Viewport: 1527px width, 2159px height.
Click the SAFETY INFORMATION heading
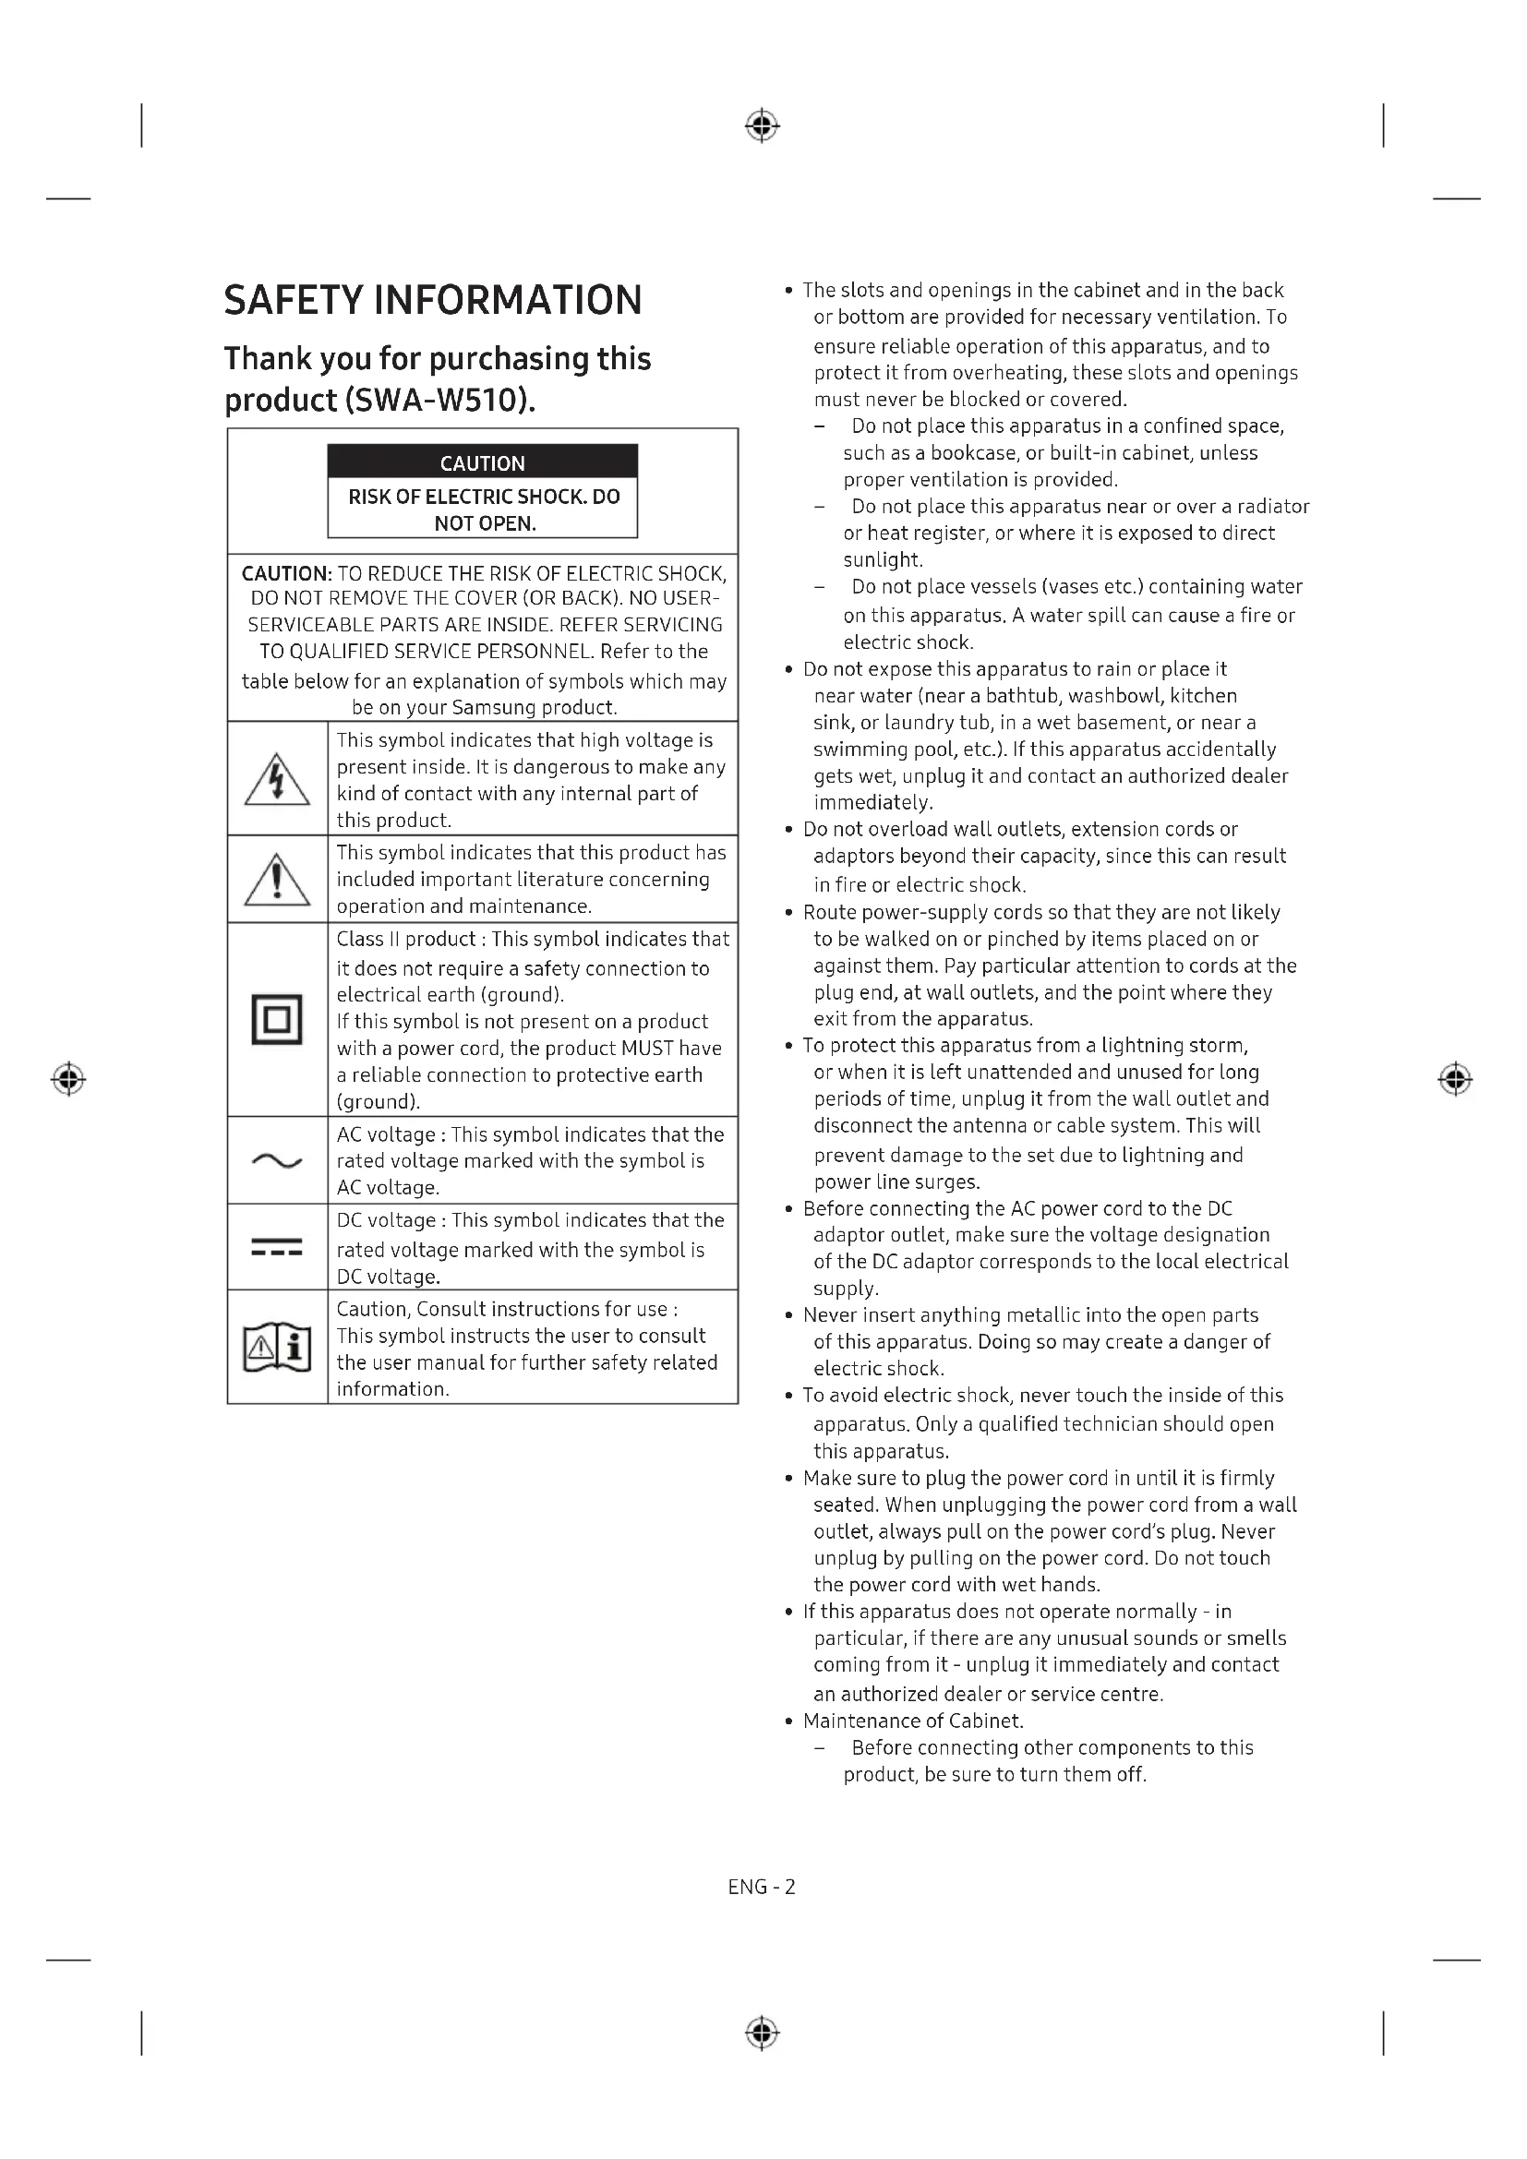pos(432,300)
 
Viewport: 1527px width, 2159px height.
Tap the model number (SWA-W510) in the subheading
pos(440,401)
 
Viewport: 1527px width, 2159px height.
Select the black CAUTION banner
pos(482,462)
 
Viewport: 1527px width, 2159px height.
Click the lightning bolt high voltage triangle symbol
pos(276,780)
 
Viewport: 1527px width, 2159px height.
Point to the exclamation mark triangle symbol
pos(276,881)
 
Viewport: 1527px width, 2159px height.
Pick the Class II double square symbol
pos(276,1019)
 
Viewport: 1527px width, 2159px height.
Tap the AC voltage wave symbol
pos(276,1161)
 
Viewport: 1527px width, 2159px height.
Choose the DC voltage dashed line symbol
pos(276,1248)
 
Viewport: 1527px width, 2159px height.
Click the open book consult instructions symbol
pos(276,1349)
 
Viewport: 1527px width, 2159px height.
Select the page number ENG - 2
pos(762,1887)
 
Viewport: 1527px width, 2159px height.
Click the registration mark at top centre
pos(762,125)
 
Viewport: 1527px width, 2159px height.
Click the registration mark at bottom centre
pos(762,2033)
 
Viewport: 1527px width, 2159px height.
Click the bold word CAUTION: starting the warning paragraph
pos(287,573)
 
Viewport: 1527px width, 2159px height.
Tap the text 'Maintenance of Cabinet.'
pos(913,1721)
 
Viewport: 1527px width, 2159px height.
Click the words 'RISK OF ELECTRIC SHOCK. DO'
pos(483,497)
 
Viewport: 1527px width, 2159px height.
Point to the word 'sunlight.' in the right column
pos(883,559)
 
